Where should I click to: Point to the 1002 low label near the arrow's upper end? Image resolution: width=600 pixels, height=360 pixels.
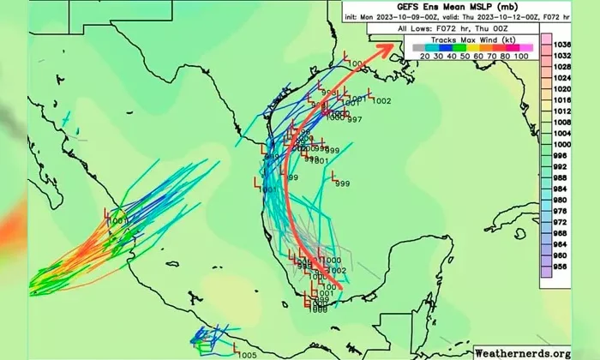[x=381, y=101]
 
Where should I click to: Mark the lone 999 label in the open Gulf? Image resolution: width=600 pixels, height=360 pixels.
[x=342, y=183]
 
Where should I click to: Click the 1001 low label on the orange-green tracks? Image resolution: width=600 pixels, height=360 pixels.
[x=119, y=221]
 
